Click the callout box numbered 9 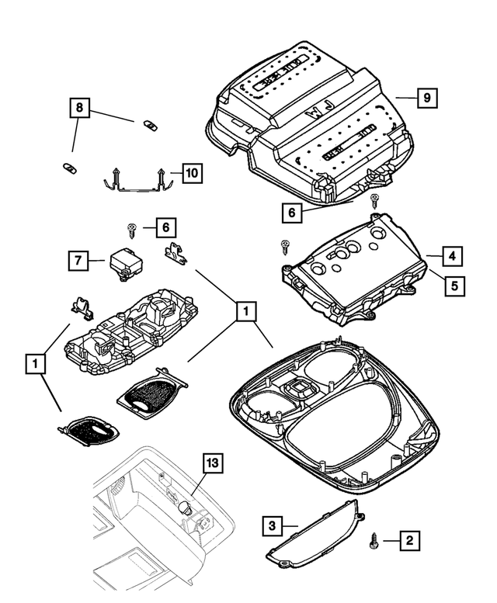[x=426, y=99]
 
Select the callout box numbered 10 [x=190, y=172]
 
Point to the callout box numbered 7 [x=78, y=262]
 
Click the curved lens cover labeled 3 [x=315, y=536]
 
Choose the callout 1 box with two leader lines [x=33, y=362]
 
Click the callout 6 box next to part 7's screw [x=165, y=227]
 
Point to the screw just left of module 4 [x=284, y=247]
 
